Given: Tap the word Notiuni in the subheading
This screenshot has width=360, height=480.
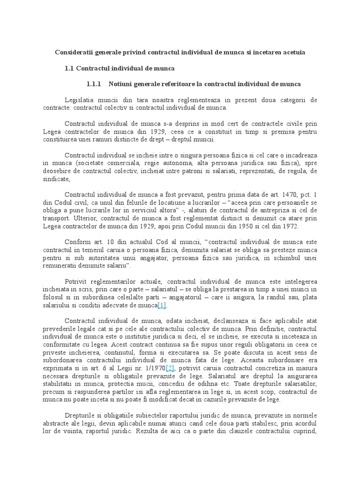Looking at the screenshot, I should point(121,84).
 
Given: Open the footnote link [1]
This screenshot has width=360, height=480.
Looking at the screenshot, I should point(162,306).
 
